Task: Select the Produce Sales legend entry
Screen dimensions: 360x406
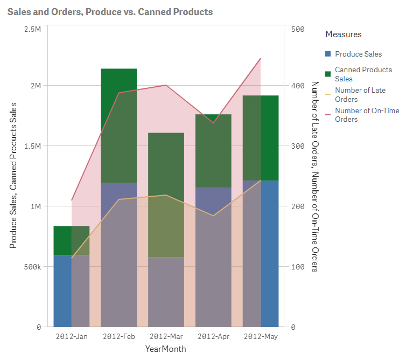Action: tap(358, 54)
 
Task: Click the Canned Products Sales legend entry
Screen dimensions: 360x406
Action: tap(363, 74)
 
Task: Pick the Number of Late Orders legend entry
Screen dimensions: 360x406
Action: tap(360, 95)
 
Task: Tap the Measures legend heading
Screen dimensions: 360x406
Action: tap(344, 34)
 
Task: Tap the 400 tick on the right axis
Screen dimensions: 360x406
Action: tap(298, 86)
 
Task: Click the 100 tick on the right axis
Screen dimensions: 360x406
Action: tap(298, 267)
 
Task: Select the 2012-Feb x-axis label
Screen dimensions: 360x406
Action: tap(118, 337)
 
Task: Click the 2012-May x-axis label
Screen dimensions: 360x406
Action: tap(261, 337)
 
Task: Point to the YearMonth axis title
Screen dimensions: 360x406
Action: tap(165, 349)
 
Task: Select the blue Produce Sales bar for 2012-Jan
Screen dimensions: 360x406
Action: tap(62, 291)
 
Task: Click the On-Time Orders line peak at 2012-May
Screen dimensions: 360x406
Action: tap(261, 58)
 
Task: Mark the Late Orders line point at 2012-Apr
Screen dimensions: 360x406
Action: tap(214, 216)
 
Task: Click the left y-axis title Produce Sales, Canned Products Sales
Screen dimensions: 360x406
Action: tap(13, 175)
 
